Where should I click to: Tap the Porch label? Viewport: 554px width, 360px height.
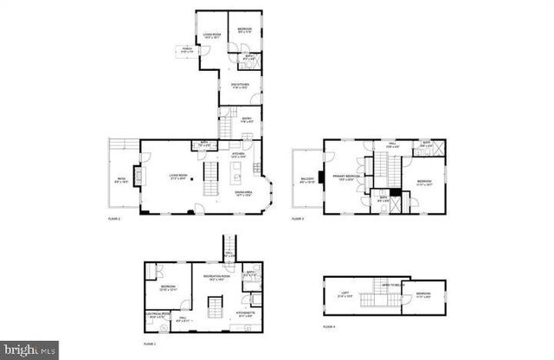coord(187,51)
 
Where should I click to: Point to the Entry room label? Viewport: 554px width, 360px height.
coord(247,120)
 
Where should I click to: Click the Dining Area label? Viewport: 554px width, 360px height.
coord(243,195)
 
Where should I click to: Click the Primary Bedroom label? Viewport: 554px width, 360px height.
coord(345,177)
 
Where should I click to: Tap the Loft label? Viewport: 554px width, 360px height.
coord(343,296)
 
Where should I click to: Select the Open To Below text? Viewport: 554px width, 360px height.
coord(389,285)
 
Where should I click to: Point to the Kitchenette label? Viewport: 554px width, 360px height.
coord(244,313)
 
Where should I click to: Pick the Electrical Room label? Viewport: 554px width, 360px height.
coord(157,316)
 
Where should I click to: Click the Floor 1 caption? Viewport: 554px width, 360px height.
coord(149,344)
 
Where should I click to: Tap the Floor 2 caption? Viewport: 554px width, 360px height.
coord(113,220)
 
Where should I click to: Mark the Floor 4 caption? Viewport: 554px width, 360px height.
coord(328,327)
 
